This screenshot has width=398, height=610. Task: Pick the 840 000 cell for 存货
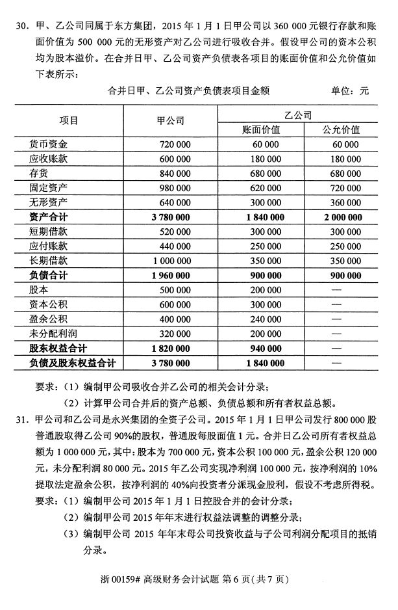click(x=173, y=173)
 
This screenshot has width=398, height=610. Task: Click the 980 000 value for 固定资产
click(x=173, y=187)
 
